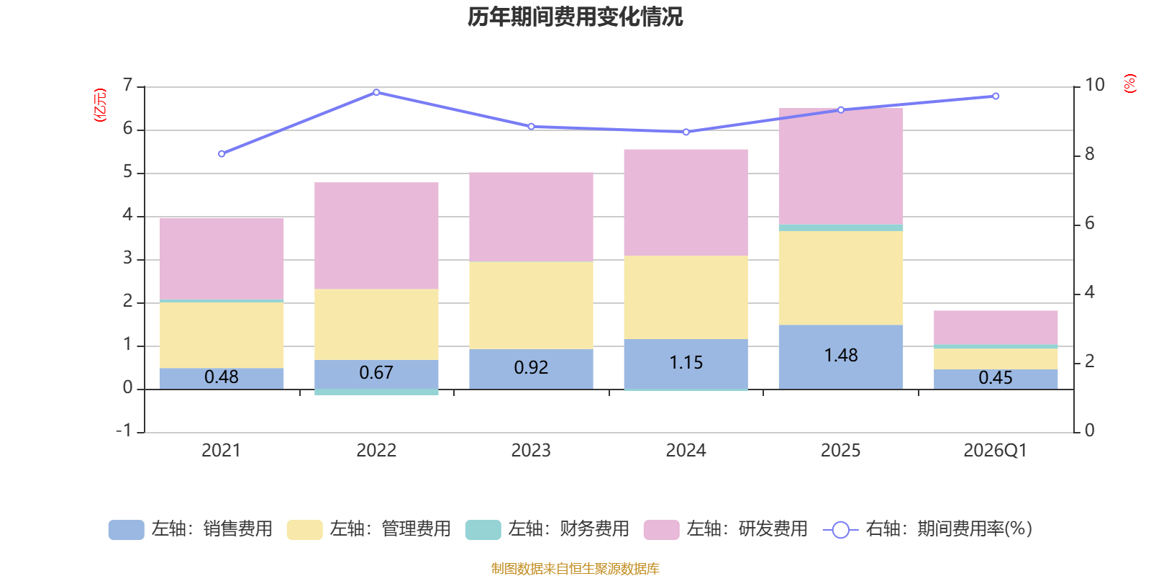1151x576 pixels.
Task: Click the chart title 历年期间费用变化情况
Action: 575,17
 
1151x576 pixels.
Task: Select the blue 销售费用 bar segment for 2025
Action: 840,356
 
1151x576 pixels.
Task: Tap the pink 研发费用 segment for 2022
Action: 376,235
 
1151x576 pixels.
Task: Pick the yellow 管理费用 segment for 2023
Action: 531,305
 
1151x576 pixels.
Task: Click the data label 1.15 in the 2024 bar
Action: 686,363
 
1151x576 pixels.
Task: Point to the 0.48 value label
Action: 221,377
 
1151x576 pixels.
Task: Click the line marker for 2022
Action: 376,92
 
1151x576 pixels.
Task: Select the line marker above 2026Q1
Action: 996,96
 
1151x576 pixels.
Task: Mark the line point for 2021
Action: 222,153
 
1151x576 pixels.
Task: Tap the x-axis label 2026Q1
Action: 995,451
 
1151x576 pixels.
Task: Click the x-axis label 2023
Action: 531,451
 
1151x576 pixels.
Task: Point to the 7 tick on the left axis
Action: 128,86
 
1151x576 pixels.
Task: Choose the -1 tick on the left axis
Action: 124,431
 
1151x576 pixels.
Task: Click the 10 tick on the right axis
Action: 1094,85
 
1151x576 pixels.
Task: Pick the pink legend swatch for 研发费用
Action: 661,530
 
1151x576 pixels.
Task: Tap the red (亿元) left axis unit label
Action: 100,105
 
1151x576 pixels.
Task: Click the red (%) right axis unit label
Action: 1129,84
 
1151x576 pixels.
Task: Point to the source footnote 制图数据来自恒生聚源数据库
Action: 575,569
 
